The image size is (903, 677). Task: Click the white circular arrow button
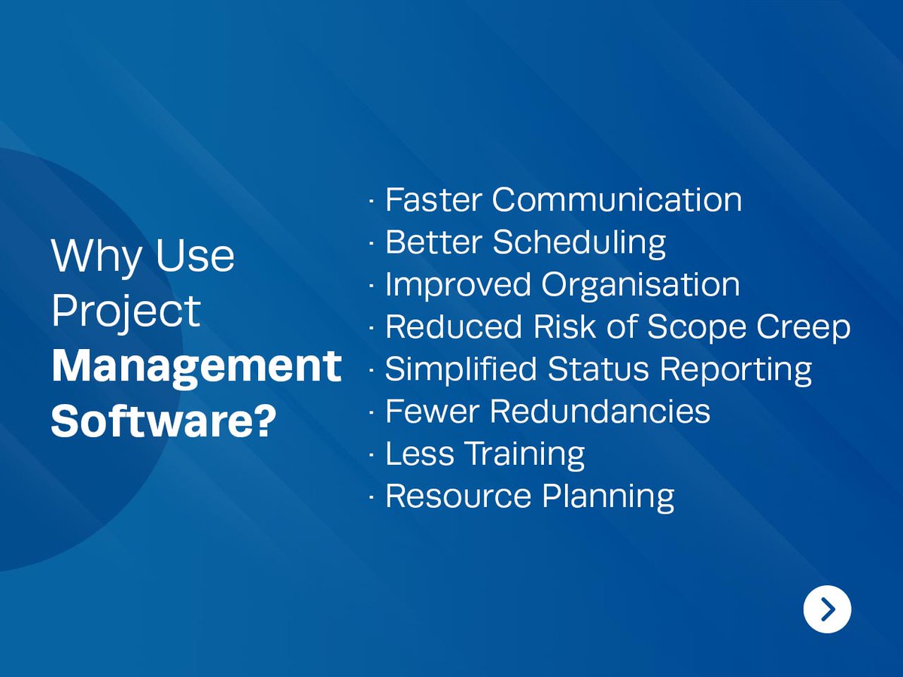(x=827, y=609)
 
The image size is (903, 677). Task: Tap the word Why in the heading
(x=96, y=257)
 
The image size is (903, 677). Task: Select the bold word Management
(x=196, y=366)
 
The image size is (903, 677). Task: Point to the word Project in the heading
(x=126, y=311)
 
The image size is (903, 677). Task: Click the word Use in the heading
(x=195, y=256)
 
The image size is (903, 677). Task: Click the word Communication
(x=617, y=200)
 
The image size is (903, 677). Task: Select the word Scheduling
(x=579, y=243)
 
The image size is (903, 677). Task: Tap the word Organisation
(x=640, y=285)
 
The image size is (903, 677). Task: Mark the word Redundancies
(x=600, y=411)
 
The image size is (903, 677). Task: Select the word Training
(x=524, y=454)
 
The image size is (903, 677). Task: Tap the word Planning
(x=608, y=496)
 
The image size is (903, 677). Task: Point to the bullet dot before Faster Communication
(x=372, y=202)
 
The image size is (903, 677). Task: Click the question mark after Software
(x=261, y=421)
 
